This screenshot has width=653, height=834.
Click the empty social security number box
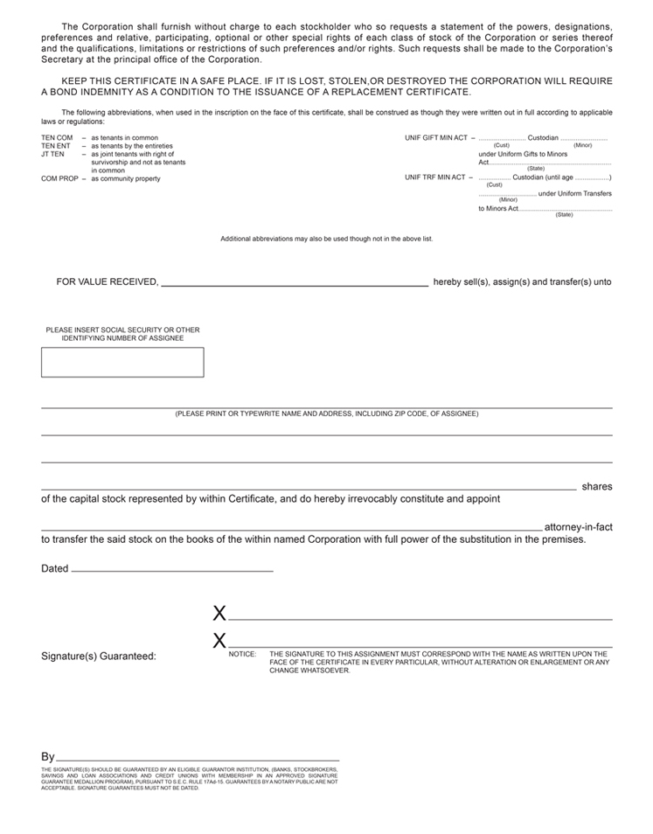(122, 362)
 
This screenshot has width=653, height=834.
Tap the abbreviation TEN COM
(57, 138)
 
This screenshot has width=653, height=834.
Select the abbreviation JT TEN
(53, 154)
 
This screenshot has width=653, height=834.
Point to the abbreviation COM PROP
(61, 178)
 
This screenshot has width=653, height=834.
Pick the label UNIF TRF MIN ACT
(434, 177)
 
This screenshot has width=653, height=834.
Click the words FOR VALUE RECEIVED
(107, 282)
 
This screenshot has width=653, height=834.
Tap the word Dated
(54, 568)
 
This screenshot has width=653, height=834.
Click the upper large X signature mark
(219, 614)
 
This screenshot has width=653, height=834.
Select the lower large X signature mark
(219, 641)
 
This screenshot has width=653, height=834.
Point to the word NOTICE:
(242, 654)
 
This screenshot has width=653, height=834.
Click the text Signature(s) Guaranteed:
(99, 656)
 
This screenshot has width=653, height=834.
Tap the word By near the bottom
(48, 756)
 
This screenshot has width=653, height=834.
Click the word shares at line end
(596, 486)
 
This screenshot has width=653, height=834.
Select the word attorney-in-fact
(578, 527)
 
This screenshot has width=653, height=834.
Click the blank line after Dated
(171, 570)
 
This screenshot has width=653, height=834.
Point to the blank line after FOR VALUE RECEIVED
(295, 285)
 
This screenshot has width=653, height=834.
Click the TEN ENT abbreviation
(56, 146)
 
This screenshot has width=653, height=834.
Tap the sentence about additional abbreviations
(326, 239)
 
